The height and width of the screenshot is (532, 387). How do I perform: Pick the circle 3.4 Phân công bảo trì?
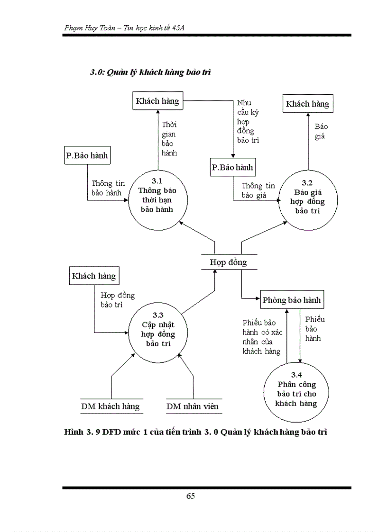pos(297,392)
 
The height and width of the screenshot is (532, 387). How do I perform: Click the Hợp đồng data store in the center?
pos(228,262)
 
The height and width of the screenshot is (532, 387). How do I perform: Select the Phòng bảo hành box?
pos(292,300)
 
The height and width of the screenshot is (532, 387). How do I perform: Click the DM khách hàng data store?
pos(110,406)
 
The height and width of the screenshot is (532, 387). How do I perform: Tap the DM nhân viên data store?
pos(193,406)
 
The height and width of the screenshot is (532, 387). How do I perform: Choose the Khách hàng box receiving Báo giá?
pos(307,104)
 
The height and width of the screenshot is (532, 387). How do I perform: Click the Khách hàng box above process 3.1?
pos(157,100)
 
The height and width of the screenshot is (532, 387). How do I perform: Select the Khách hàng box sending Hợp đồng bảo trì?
pos(93,276)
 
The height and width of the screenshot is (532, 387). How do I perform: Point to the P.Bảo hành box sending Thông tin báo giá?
pos(232,167)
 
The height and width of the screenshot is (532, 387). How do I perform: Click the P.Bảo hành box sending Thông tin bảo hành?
pos(87,155)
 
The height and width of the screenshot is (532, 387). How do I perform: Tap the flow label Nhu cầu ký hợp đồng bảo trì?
pos(248,121)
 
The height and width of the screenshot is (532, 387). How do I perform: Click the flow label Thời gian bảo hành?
pos(169,138)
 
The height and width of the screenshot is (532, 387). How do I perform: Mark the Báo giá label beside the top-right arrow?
pos(321,131)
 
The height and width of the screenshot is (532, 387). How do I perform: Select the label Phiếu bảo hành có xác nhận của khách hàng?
pos(262,337)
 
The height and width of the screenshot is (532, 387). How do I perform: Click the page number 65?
pos(191,496)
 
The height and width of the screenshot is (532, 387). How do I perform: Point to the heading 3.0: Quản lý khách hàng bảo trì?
pos(150,72)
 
